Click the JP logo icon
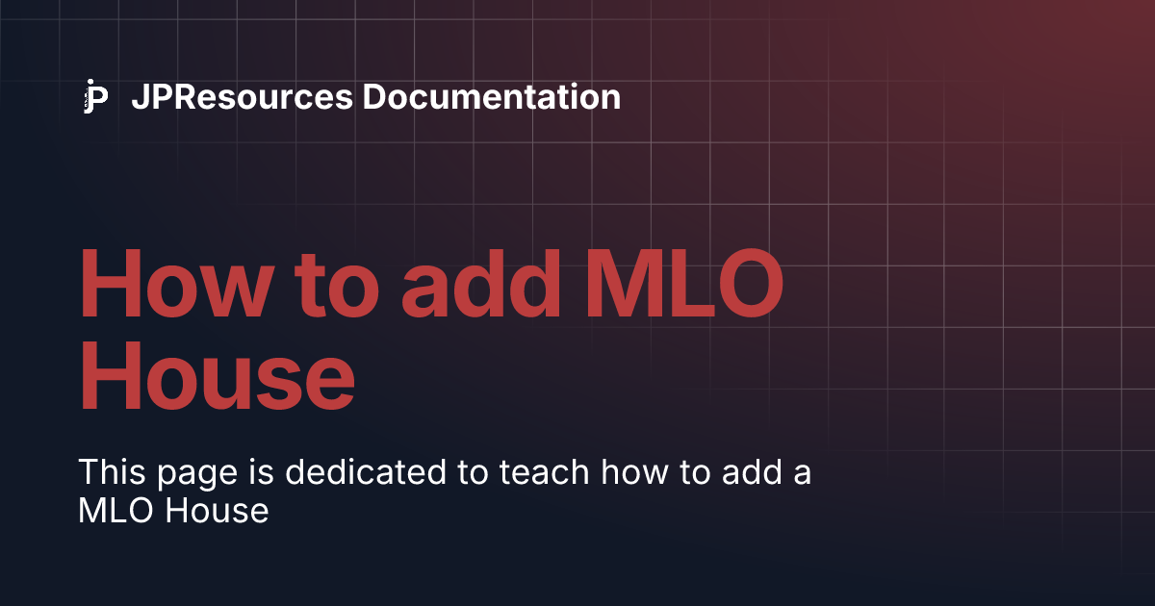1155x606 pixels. [96, 96]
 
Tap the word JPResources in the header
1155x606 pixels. [243, 97]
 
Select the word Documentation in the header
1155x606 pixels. [492, 97]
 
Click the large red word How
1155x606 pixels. [176, 284]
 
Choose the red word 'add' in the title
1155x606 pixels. [480, 284]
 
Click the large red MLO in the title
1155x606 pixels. [684, 284]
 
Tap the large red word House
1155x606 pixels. [218, 374]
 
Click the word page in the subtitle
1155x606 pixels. [197, 475]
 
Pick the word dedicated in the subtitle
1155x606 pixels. [366, 471]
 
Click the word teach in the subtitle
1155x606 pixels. [544, 471]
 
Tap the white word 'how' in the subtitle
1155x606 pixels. [634, 471]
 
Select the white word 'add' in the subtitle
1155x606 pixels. [752, 471]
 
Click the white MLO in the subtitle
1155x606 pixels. [116, 511]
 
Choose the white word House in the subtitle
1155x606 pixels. [218, 511]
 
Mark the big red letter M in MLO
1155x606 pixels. [623, 284]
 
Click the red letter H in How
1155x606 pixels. [111, 284]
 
